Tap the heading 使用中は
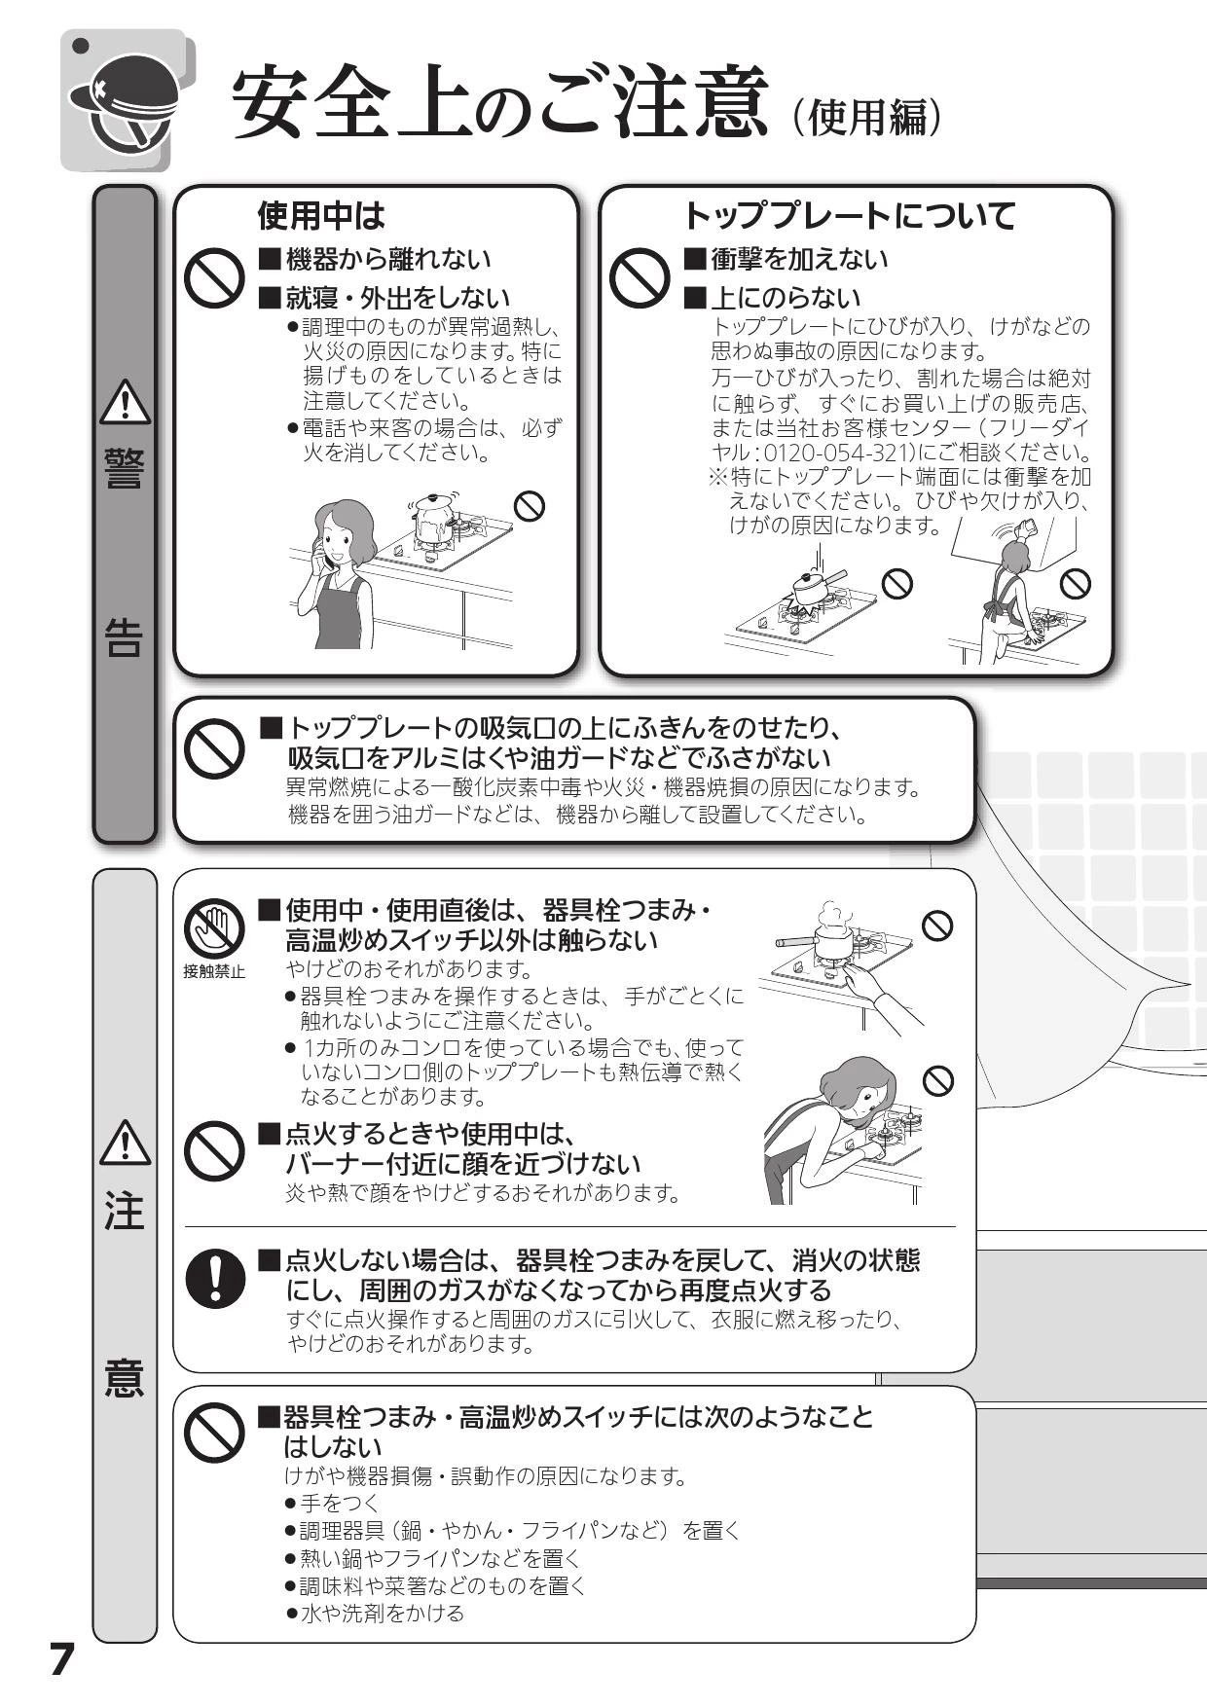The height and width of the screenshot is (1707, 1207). [x=320, y=214]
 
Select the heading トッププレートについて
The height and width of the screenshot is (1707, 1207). [x=848, y=214]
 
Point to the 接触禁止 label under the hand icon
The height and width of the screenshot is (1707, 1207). [x=214, y=971]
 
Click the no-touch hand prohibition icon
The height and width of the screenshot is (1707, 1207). [x=214, y=928]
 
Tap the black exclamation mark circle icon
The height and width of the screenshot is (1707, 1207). [x=214, y=1277]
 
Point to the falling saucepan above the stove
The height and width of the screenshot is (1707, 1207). [x=814, y=586]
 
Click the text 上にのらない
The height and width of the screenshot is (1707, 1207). [x=786, y=298]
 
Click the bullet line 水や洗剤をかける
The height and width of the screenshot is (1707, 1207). [x=375, y=1614]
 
